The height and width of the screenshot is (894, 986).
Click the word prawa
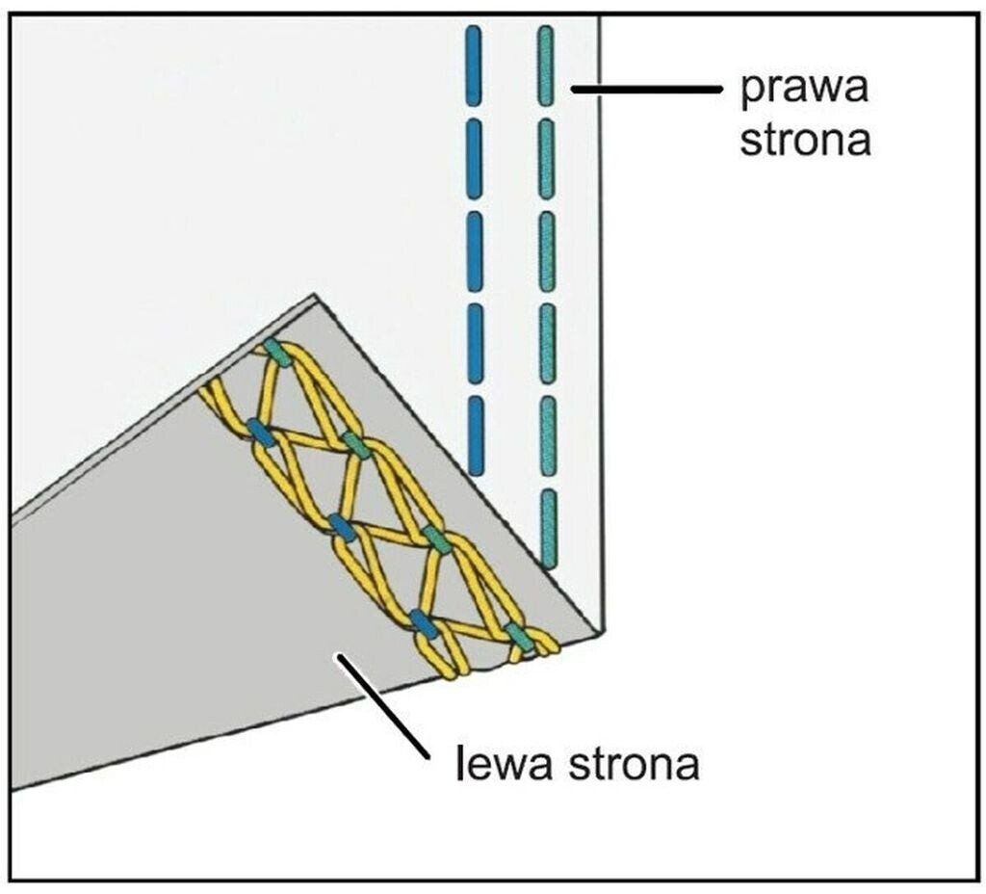coord(804,91)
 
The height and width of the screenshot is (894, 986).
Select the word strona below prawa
coord(805,140)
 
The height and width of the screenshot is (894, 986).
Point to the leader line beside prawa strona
coord(646,90)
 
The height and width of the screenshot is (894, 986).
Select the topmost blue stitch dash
coord(474,66)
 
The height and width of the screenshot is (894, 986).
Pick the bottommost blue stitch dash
coord(477,435)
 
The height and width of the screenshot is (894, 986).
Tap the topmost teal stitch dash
coord(546,66)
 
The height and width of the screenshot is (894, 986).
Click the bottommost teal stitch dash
coord(549,529)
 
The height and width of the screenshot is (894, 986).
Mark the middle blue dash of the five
coord(475,251)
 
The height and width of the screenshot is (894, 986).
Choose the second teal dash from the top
coord(547,159)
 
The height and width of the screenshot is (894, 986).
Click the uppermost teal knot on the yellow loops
coord(277,353)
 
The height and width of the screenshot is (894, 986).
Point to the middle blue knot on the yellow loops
coord(342,527)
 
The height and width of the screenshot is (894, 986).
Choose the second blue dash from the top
coord(474,159)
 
